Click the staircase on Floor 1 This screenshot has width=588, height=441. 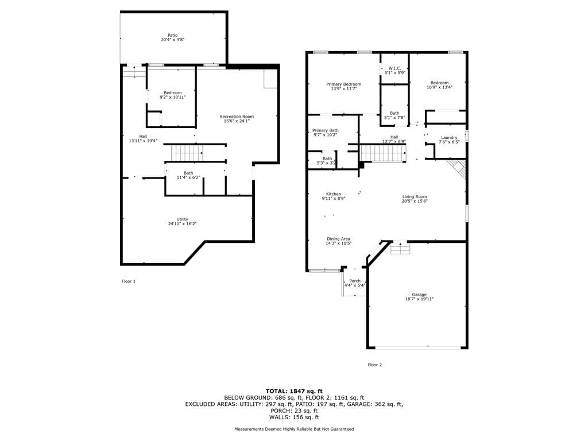pos(187,153)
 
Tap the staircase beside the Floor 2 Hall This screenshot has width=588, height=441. pos(383,153)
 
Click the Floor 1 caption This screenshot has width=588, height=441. pos(128,281)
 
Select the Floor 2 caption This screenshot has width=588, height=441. pos(374,365)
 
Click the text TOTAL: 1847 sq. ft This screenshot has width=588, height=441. pos(294,391)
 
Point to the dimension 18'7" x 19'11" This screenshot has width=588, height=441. pos(419,299)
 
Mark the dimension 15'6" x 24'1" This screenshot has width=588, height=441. pos(237,121)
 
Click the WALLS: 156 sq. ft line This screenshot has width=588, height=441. pos(294,417)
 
